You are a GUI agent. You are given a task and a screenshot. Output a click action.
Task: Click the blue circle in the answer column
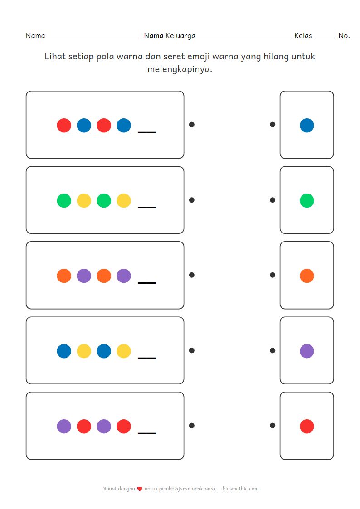307,125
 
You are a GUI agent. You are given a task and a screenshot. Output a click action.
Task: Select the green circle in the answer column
307,200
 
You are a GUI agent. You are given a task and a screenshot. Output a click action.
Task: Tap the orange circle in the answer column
307,276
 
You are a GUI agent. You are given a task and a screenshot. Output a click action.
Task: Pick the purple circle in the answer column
307,351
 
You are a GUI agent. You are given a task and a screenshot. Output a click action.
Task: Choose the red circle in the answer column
307,426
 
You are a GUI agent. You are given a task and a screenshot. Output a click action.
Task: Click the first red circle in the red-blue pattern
64,125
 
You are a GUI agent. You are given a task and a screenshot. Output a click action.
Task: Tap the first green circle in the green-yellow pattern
64,200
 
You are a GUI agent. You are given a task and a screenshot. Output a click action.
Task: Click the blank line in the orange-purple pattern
147,283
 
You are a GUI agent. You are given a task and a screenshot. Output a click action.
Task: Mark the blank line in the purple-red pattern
147,433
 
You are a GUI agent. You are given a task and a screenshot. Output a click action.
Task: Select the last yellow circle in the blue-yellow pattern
124,351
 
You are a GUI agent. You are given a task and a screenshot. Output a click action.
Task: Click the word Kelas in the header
303,35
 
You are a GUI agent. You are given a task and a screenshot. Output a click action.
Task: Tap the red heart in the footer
140,489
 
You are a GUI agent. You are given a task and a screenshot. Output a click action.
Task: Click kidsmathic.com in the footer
241,489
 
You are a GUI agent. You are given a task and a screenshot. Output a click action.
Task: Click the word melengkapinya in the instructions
180,69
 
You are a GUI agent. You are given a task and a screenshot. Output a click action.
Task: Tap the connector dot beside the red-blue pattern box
191,124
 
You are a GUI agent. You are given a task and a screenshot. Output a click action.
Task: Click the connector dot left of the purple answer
272,350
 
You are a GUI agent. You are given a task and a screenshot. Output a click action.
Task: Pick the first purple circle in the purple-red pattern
64,426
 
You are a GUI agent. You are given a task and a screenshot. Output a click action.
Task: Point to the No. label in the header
344,35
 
